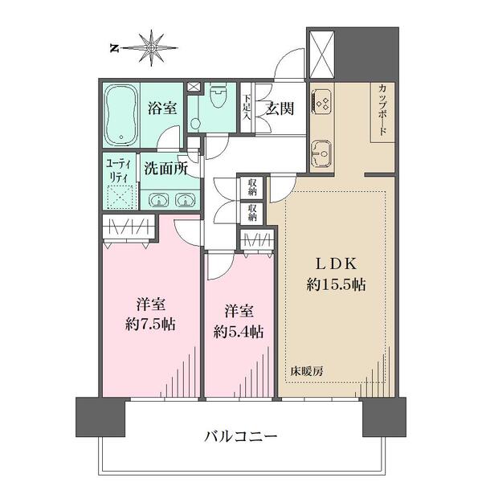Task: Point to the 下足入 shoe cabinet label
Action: point(247,108)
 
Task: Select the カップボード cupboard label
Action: point(382,112)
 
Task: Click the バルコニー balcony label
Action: point(240,438)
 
